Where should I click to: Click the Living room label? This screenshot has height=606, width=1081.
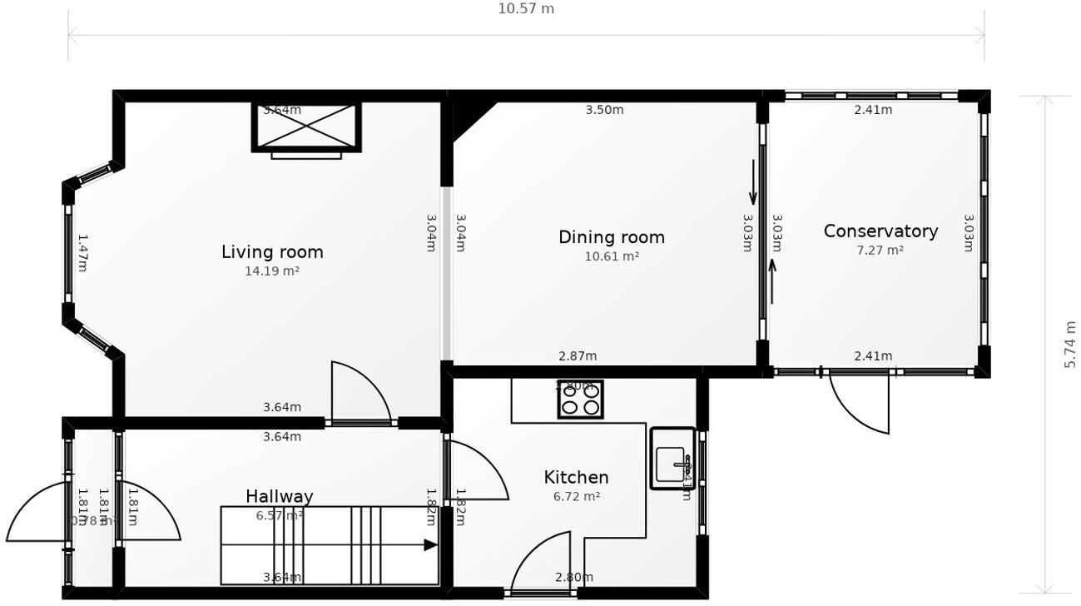point(272,251)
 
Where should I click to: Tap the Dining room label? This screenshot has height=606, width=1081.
point(612,237)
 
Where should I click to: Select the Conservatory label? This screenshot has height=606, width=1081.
point(880,231)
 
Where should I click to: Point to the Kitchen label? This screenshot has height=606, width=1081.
point(576,477)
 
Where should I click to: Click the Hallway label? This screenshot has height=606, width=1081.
point(280,497)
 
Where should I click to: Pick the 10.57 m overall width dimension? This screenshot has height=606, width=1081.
point(526,9)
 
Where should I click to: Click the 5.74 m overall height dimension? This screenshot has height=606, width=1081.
point(1070,345)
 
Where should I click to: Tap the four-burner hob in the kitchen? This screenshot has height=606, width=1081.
point(580,399)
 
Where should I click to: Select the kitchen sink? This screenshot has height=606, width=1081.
point(672,459)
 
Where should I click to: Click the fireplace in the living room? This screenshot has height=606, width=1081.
point(306,127)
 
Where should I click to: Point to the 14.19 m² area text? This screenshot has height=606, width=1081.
point(272,271)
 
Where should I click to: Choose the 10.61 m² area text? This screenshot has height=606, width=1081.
point(612,256)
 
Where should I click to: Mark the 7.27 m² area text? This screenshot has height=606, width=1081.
point(880,250)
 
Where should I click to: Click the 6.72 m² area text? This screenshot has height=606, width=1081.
point(577,496)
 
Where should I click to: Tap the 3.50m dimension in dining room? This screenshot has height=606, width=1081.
point(604,110)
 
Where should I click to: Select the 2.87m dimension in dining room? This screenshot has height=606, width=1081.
point(578,356)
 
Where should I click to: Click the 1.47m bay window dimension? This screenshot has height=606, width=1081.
point(82,252)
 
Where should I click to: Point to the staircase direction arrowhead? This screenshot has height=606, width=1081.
point(430,545)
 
